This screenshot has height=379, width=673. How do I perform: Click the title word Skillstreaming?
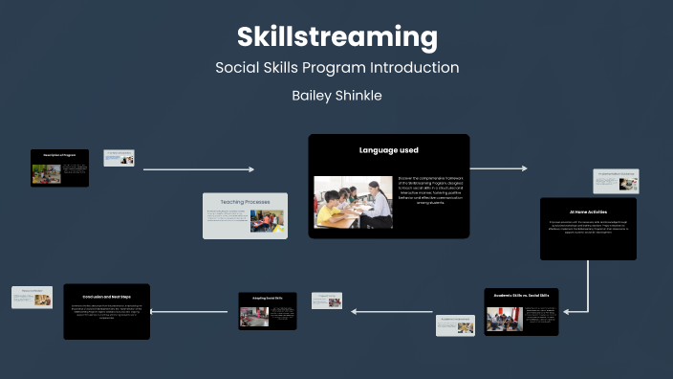(336, 37)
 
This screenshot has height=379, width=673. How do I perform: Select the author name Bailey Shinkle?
(336, 96)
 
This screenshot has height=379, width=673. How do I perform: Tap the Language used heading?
(388, 150)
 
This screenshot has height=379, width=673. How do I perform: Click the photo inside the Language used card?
(353, 201)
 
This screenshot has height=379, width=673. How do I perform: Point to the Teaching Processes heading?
(245, 202)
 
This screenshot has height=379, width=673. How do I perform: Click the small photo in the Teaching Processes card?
(267, 221)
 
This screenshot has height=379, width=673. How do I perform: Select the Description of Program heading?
(59, 154)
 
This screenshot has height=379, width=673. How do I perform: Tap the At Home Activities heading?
(588, 212)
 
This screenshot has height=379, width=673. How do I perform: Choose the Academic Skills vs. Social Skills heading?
(521, 296)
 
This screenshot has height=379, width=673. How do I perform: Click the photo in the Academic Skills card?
(504, 318)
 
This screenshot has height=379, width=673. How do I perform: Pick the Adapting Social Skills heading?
(267, 299)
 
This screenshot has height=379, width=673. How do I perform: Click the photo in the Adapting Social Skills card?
(253, 316)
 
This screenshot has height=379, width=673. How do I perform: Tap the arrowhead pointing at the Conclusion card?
(156, 311)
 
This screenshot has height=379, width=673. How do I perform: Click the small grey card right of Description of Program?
(119, 158)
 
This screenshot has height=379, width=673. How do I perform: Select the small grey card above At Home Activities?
(616, 181)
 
